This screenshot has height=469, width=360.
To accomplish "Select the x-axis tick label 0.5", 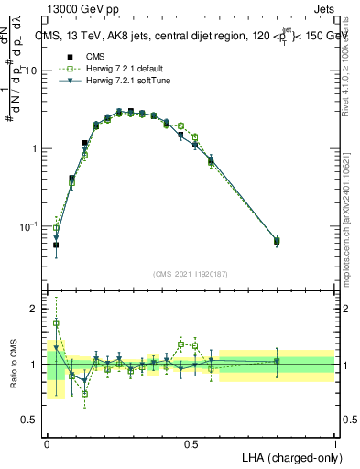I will pyautogui.click(x=191, y=442).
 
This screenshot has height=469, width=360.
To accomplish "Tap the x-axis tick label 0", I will pyautogui.click(x=47, y=442).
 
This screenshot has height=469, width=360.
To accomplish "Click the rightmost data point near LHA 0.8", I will pyautogui.click(x=277, y=241).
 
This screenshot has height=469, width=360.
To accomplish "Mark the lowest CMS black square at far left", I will pyautogui.click(x=56, y=245).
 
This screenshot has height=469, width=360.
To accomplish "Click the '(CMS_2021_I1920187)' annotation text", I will pyautogui.click(x=191, y=273).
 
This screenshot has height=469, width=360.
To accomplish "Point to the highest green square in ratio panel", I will pyautogui.click(x=56, y=323).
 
